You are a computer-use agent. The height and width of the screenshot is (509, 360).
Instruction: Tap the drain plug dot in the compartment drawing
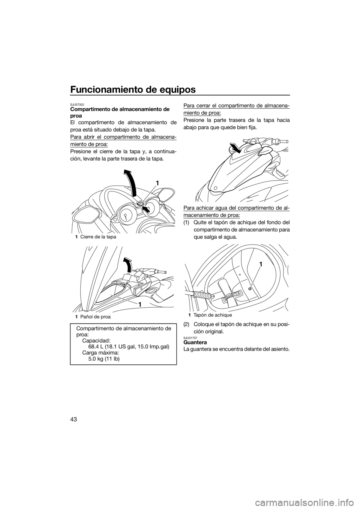pos(250,289)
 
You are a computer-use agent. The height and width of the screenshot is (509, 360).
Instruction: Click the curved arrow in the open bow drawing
pos(128,265)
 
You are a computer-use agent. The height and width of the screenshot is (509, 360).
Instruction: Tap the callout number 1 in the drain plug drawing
pos(261,264)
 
